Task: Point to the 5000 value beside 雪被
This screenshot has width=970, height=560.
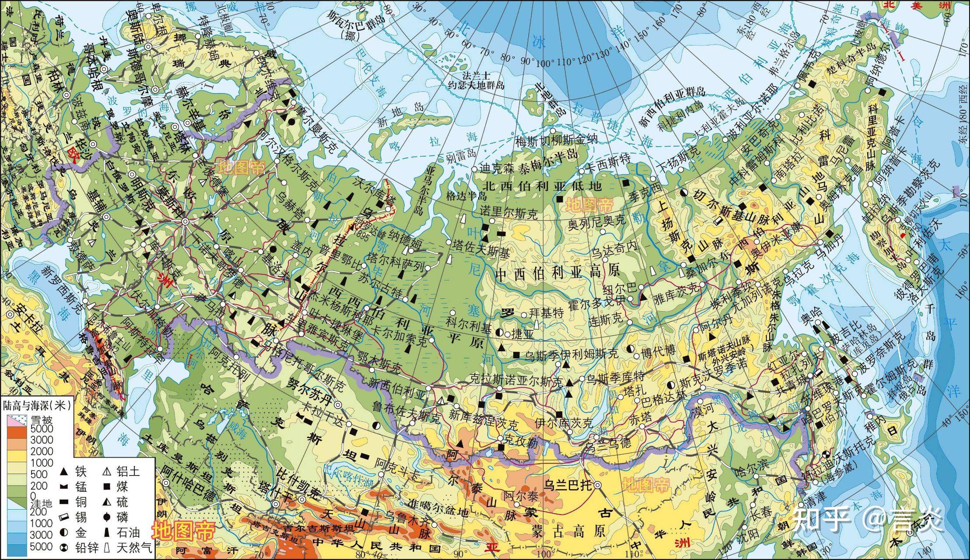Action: [42, 428]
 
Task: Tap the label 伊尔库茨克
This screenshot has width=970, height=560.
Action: [564, 423]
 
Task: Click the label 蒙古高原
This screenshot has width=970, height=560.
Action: [569, 531]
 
